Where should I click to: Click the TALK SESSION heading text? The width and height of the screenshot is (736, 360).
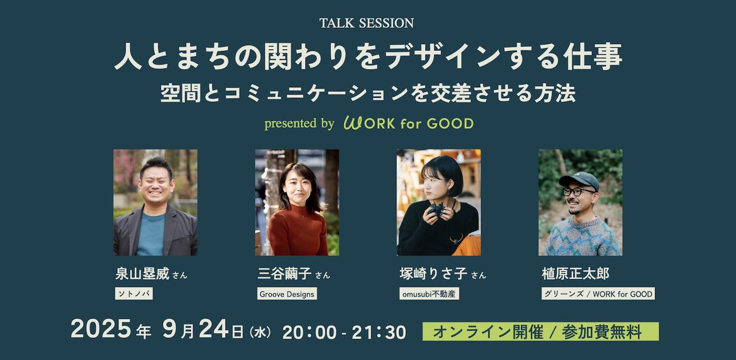(367, 23)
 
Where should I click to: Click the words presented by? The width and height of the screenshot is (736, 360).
(299, 123)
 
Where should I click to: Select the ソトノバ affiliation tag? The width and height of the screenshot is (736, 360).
(134, 294)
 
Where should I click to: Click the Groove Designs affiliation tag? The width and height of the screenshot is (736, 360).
(286, 294)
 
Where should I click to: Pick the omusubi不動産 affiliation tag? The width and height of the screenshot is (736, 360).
(428, 294)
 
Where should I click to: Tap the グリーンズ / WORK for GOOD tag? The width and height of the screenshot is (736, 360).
(598, 294)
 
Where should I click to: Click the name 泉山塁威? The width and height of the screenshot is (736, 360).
(142, 274)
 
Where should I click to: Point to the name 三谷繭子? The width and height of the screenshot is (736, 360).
(284, 274)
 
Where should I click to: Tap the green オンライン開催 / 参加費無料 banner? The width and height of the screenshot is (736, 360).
(540, 332)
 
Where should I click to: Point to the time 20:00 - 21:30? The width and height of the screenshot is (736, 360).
(344, 332)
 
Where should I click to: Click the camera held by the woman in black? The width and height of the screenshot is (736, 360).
(436, 210)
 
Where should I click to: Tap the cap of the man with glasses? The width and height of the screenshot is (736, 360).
(579, 179)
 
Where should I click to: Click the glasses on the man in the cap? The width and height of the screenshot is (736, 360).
(578, 191)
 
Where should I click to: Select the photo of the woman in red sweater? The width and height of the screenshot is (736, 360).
(297, 202)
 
